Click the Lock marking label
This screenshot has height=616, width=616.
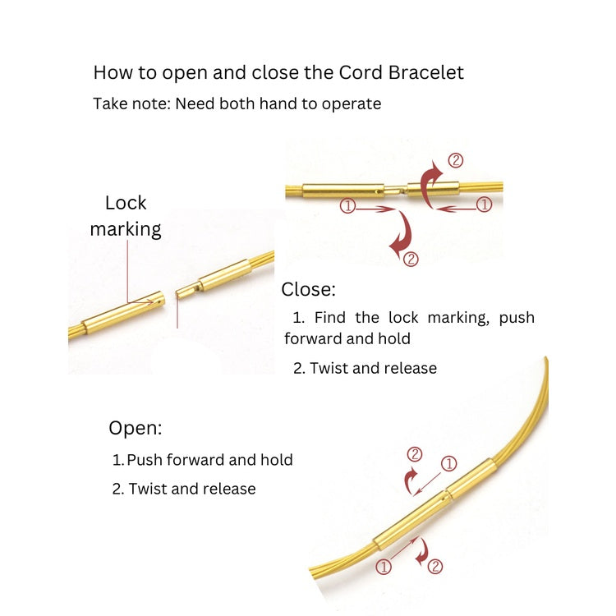click(126, 216)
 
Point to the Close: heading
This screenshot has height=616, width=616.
click(308, 289)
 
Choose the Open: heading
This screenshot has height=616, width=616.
click(136, 428)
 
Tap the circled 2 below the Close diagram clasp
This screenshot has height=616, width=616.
click(411, 259)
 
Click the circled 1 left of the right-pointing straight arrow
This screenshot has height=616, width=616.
click(347, 207)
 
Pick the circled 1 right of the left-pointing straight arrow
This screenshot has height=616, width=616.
click(483, 206)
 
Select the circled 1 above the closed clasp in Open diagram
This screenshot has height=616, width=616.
click(448, 464)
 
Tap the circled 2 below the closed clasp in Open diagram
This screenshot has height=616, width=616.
click(435, 566)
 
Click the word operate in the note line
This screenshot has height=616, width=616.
click(354, 104)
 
